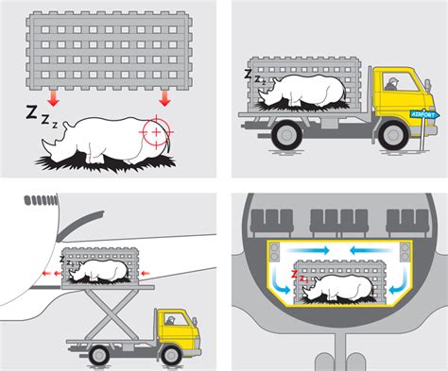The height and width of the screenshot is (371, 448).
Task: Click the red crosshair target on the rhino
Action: pyautogui.click(x=156, y=132)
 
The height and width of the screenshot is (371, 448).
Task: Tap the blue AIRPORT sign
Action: pyautogui.click(x=424, y=114)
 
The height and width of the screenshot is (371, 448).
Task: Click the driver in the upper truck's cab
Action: pyautogui.click(x=391, y=84)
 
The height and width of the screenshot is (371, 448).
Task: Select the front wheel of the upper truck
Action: pyautogui.click(x=393, y=135)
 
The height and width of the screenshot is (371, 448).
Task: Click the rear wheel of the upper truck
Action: pyautogui.click(x=286, y=135)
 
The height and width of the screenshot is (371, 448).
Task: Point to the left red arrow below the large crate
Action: pyautogui.click(x=53, y=98)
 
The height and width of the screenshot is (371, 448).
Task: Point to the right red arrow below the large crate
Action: pyautogui.click(x=164, y=98)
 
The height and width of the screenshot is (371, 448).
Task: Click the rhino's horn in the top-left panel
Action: pyautogui.click(x=47, y=149)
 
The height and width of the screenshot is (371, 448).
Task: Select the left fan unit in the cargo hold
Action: pyautogui.click(x=275, y=252)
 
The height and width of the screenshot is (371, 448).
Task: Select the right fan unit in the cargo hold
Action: pyautogui.click(x=405, y=252)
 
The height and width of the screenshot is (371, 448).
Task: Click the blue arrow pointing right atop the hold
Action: pyautogui.click(x=308, y=250)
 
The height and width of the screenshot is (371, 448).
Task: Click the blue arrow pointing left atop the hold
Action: pyautogui.click(x=370, y=250)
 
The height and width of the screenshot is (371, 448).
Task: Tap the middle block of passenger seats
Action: pyautogui.click(x=339, y=223)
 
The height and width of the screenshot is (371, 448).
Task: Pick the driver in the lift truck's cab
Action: pyautogui.click(x=170, y=320)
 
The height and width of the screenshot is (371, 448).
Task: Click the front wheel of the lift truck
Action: pyautogui.click(x=171, y=355)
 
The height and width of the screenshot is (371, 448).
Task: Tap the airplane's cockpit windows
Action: pyautogui.click(x=42, y=200)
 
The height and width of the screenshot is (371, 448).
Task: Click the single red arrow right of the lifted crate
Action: pyautogui.click(x=145, y=274)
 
